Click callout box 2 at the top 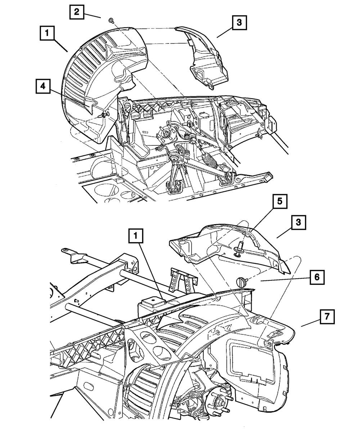(77, 12)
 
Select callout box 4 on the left (43, 86)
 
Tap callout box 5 (280, 201)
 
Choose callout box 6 (317, 277)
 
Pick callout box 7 (327, 317)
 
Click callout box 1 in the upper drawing (47, 33)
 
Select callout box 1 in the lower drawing (136, 236)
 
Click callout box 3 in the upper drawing (239, 22)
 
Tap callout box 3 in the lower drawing (298, 222)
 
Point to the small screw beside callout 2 (111, 21)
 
